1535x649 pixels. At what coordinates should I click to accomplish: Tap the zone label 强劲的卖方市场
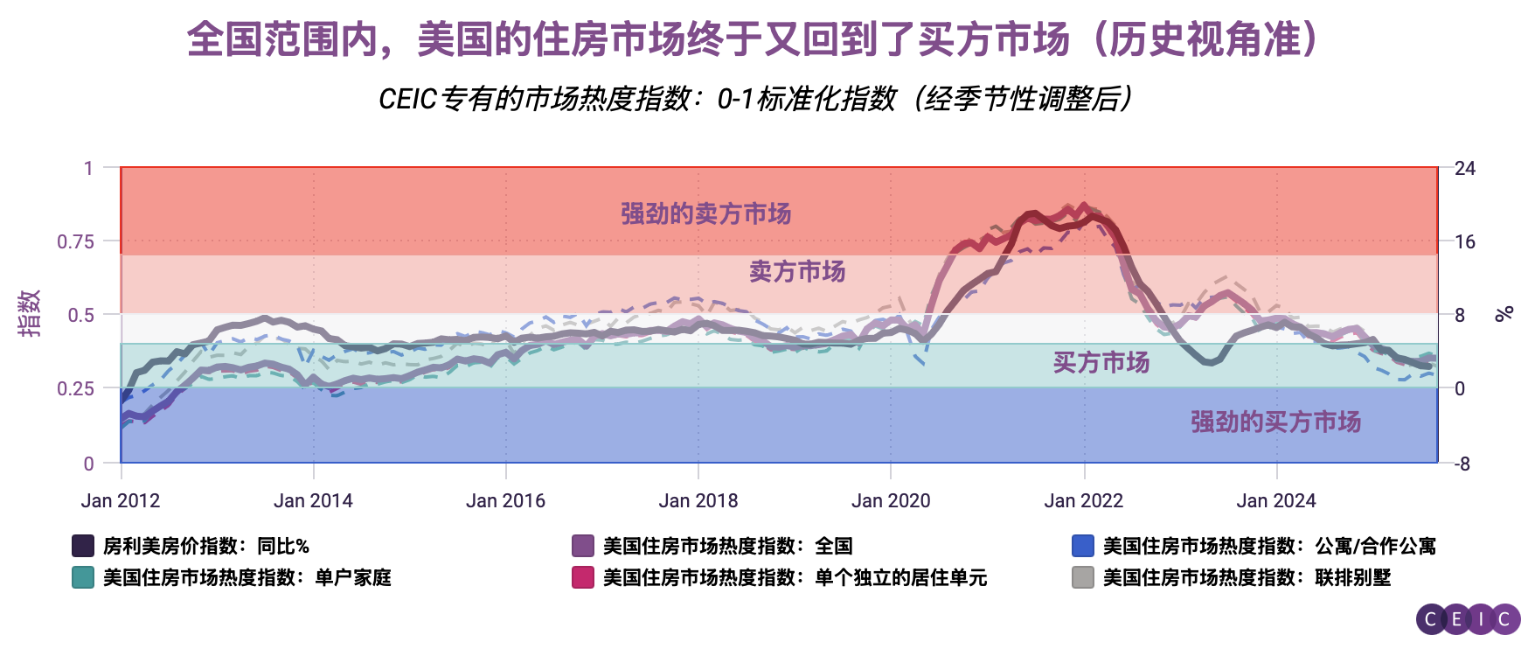[705, 213]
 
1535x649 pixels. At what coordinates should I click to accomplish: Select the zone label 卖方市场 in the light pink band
[797, 272]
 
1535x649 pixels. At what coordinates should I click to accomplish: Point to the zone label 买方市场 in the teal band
[1101, 362]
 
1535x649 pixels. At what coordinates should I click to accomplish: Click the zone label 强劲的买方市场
[1275, 422]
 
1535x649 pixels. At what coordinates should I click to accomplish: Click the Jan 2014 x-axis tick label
[313, 501]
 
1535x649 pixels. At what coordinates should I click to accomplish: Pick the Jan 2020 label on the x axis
[891, 501]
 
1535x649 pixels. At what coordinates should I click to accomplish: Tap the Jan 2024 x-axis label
[1275, 501]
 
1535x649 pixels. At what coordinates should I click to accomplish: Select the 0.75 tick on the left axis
[75, 241]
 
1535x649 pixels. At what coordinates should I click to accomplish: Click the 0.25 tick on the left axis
[75, 388]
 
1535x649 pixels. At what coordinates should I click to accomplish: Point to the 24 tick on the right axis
[1465, 168]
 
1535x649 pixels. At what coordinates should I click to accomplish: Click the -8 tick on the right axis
[1462, 464]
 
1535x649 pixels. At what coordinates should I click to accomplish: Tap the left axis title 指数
[29, 313]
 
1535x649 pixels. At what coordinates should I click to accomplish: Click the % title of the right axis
[1504, 313]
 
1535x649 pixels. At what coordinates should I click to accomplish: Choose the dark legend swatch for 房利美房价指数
[83, 546]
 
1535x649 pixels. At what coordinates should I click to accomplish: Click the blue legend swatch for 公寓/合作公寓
[1083, 546]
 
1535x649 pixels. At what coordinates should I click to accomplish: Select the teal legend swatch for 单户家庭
[83, 577]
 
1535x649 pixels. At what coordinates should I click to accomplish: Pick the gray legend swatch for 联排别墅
[1083, 577]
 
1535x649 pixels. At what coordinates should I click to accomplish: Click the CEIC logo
[1468, 619]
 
